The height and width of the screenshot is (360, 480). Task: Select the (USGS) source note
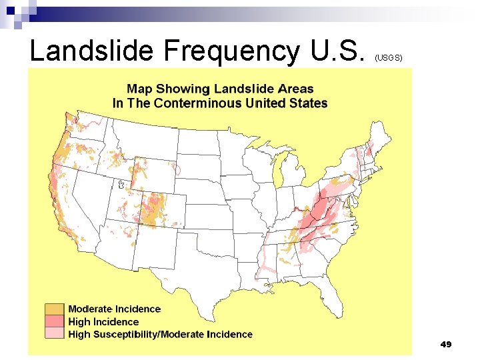389,58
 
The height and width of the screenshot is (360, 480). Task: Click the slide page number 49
446,344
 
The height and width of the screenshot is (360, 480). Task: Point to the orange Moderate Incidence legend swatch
55,309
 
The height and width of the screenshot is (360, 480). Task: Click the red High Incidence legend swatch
55,322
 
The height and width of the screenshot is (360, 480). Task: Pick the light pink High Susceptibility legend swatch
55,334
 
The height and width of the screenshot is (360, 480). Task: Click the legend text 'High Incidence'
103,322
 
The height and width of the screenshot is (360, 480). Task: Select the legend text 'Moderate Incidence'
114,309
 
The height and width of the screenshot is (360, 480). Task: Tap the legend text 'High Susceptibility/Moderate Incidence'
160,335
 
